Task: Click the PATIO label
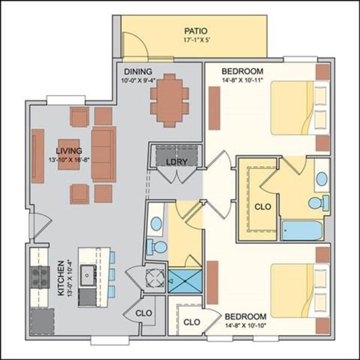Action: tap(196, 31)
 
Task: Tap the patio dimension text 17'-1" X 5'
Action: tap(197, 40)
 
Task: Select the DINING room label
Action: tap(138, 71)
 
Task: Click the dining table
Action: tap(169, 100)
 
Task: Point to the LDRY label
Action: tap(177, 162)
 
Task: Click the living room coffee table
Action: tap(69, 154)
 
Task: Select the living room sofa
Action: tap(104, 154)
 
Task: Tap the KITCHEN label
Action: tap(60, 278)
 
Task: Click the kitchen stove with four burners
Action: tap(40, 277)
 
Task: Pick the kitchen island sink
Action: tap(87, 275)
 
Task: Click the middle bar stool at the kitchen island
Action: tap(112, 275)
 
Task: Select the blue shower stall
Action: tap(185, 281)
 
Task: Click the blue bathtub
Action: tap(302, 230)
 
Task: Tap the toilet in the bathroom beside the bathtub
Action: tap(319, 202)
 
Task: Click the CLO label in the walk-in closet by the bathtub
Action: tap(263, 207)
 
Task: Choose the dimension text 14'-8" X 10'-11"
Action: tap(242, 81)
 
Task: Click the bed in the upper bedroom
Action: tap(300, 108)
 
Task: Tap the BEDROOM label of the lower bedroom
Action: tap(245, 317)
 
